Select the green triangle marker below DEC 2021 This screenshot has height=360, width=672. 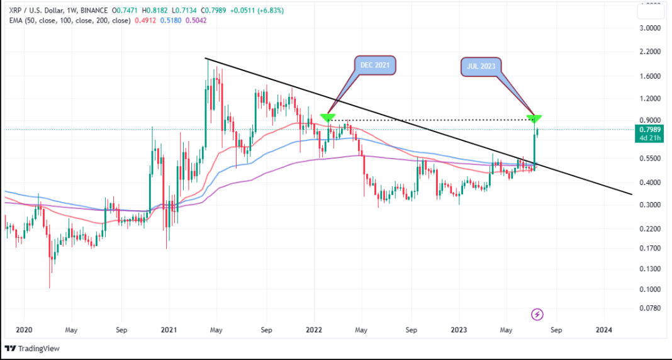[x=327, y=118]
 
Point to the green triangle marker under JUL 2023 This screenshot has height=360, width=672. [x=535, y=118]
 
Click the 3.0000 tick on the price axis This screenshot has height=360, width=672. [x=650, y=28]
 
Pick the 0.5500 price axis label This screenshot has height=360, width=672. [x=650, y=159]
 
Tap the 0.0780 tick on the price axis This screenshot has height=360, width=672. [x=650, y=308]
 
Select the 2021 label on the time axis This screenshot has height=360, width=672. [x=169, y=330]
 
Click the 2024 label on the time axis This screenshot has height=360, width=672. [x=603, y=330]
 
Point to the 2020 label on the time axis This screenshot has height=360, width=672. [x=23, y=330]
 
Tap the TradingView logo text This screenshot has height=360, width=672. [x=36, y=348]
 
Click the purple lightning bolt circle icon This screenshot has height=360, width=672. [x=537, y=313]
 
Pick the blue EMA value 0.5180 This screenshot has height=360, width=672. [x=171, y=21]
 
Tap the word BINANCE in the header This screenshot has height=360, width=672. [x=98, y=11]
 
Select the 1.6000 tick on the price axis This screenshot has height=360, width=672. [x=650, y=76]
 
